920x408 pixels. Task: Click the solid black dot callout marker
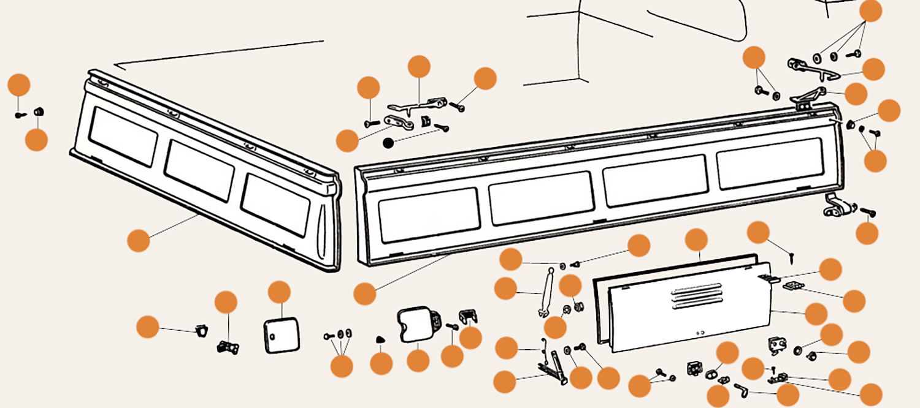click(388, 143)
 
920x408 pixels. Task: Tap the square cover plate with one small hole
click(282, 334)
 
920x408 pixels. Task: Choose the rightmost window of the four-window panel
click(769, 163)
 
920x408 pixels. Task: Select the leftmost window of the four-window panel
click(427, 214)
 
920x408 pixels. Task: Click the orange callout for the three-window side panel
click(139, 240)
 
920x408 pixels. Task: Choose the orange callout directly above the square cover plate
click(279, 292)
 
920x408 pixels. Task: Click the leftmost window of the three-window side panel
click(123, 135)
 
